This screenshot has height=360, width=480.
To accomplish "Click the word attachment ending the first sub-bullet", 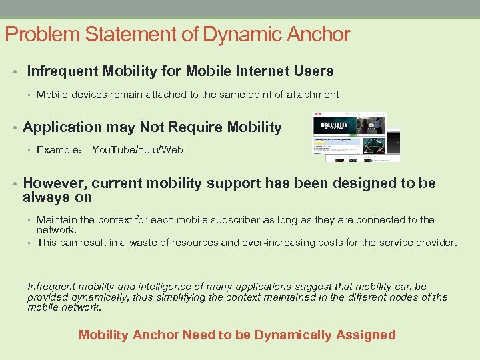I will (313, 95).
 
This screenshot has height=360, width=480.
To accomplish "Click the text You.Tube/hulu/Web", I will (137, 150).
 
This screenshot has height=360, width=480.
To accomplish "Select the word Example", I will (59, 150).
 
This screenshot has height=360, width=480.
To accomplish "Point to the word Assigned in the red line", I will (367, 335).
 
